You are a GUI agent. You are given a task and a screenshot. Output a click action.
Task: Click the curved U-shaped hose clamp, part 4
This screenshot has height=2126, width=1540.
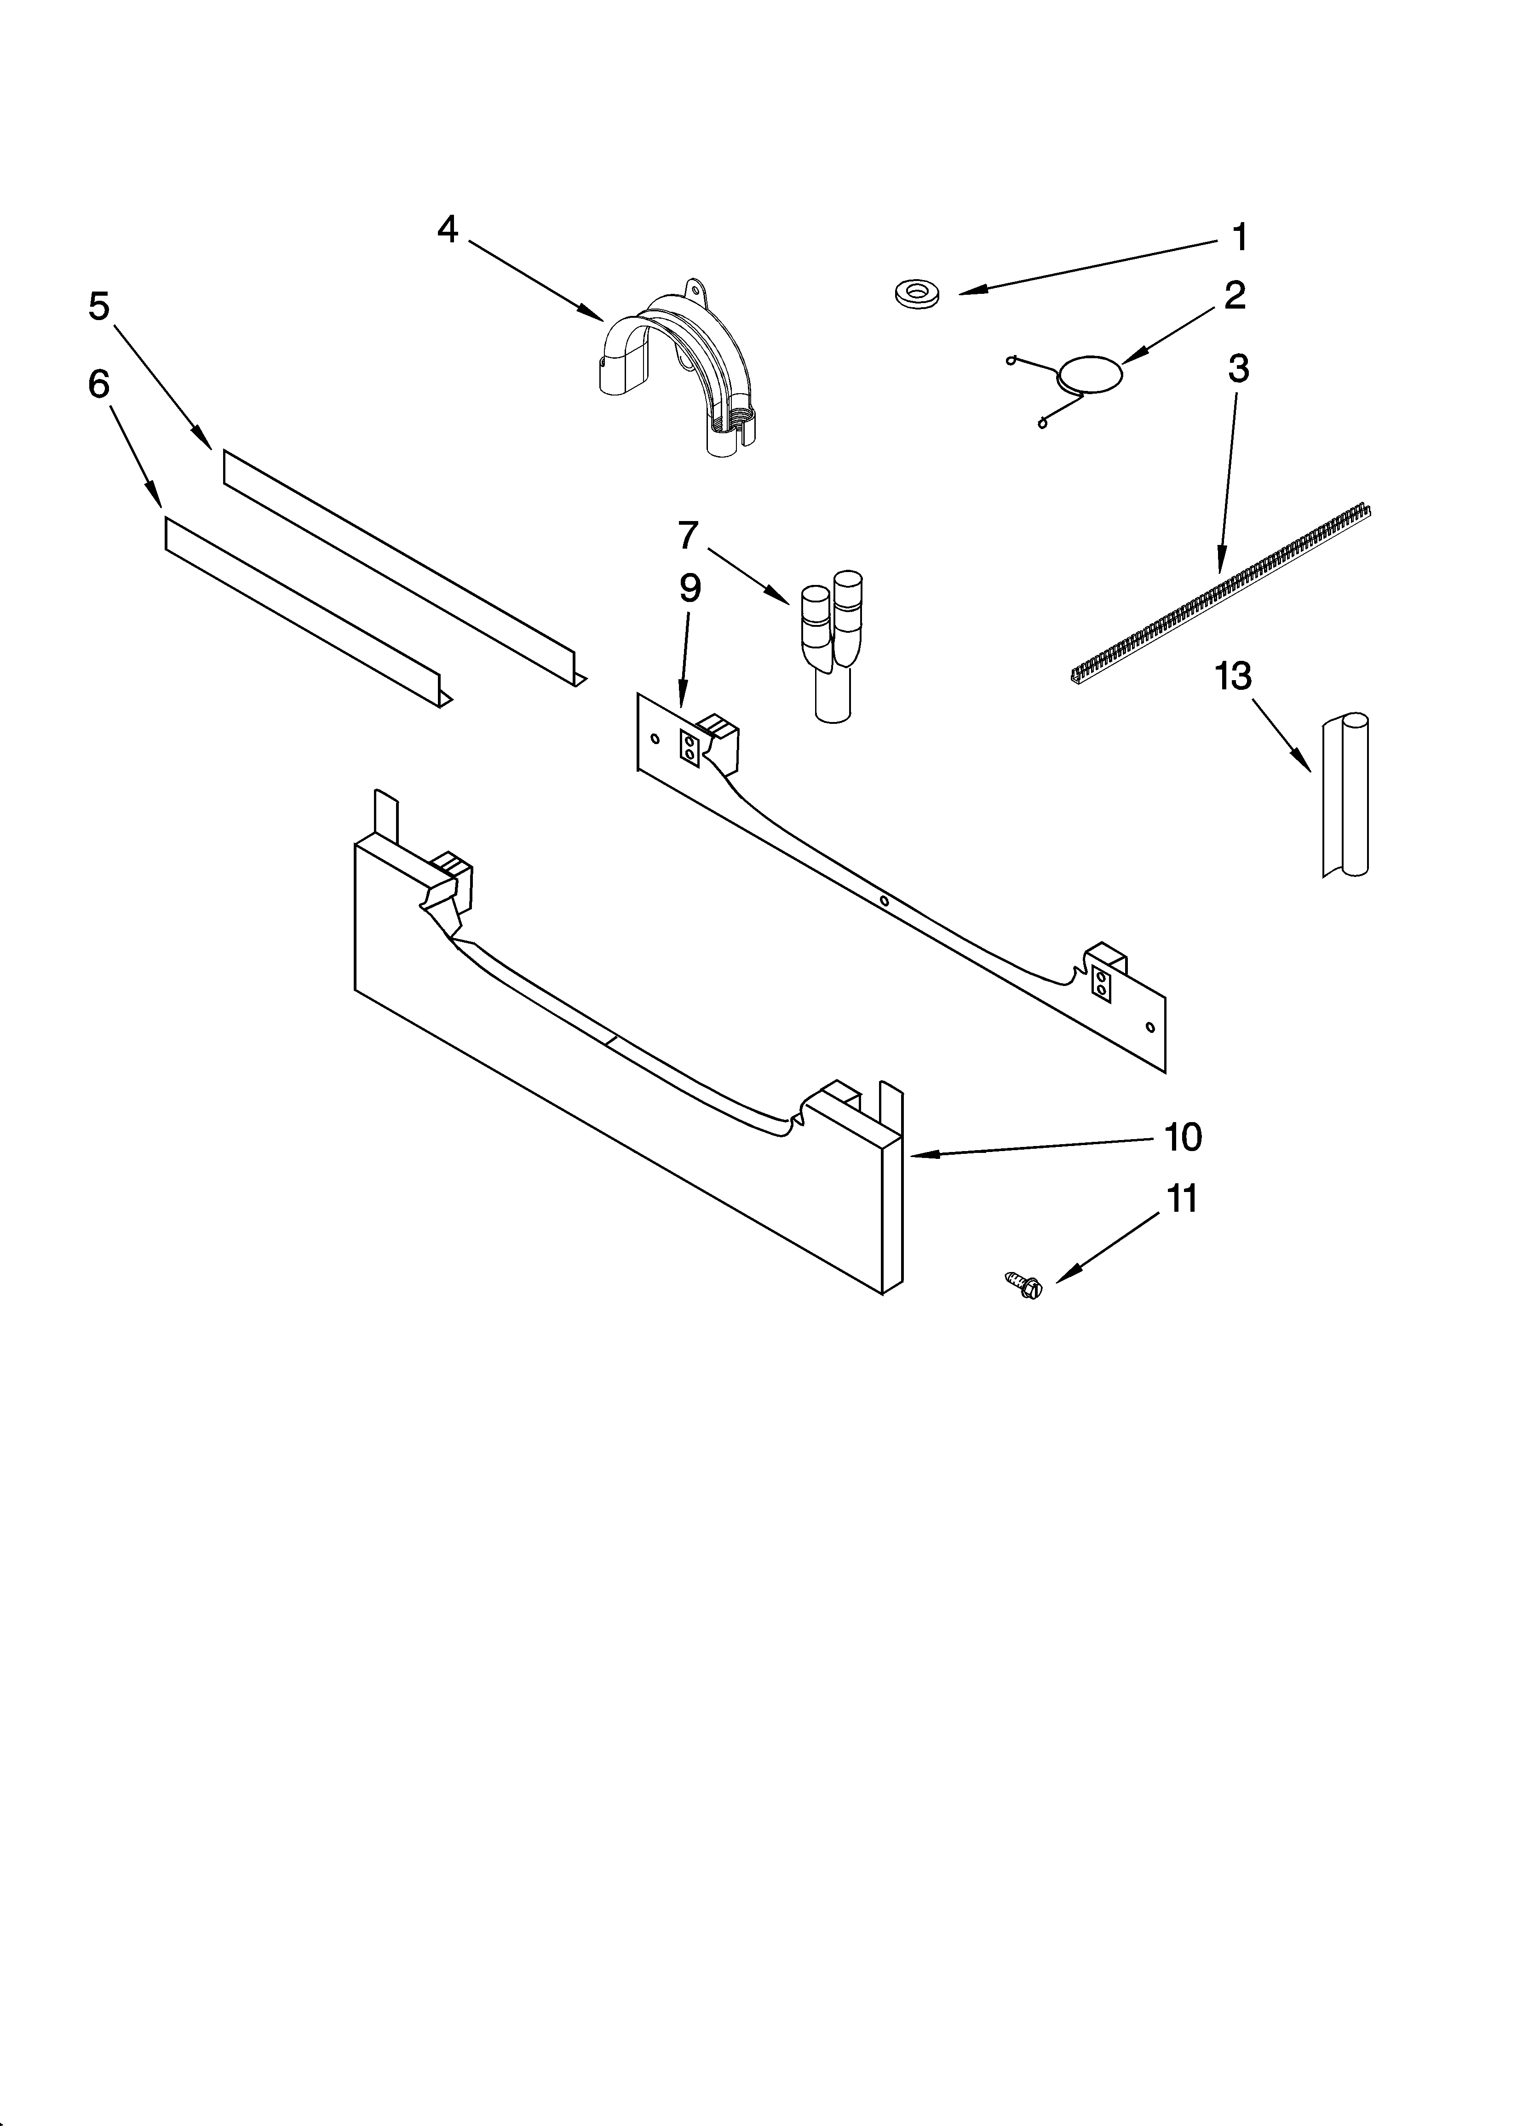point(675,366)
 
